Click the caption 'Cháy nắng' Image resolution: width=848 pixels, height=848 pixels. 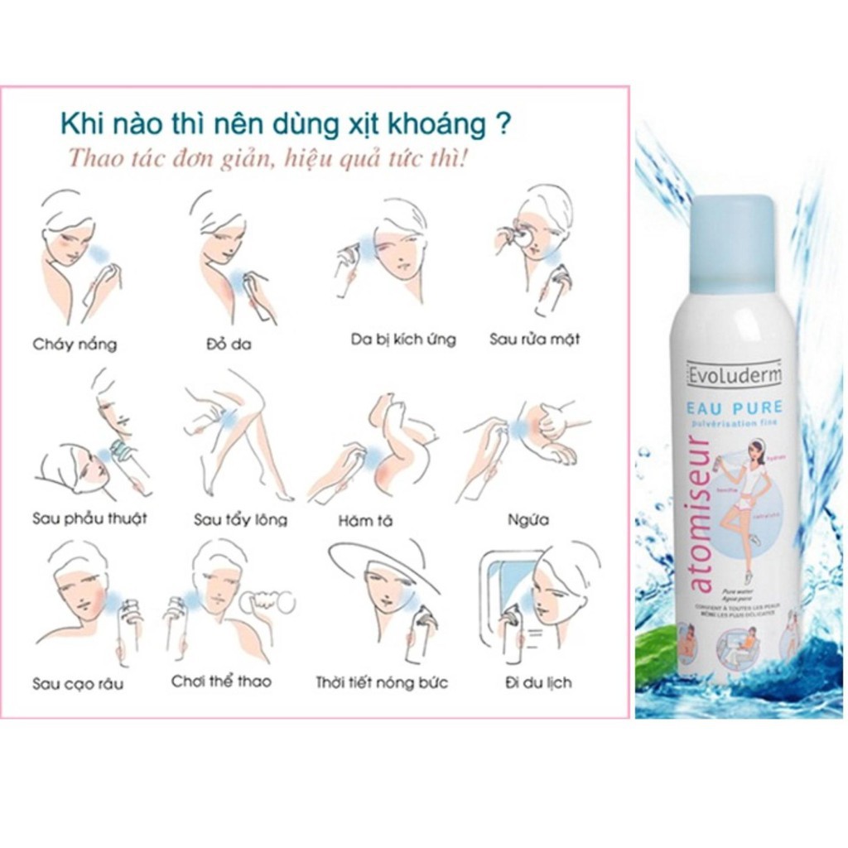pos(75,344)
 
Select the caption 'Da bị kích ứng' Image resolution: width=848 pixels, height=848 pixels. pos(402,340)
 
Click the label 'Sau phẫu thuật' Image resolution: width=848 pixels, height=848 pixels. pos(89,519)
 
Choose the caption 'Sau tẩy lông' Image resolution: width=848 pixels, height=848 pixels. pos(240,520)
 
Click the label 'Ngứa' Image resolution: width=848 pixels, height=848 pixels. pos(528,521)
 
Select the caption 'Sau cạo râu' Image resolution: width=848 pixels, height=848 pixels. pos(78,684)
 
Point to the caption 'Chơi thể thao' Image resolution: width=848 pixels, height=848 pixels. pos(221,682)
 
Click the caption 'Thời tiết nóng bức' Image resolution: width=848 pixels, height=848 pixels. pos(382,683)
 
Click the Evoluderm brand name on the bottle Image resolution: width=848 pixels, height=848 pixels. pos(734,376)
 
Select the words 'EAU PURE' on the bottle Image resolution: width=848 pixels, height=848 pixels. pos(735,408)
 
